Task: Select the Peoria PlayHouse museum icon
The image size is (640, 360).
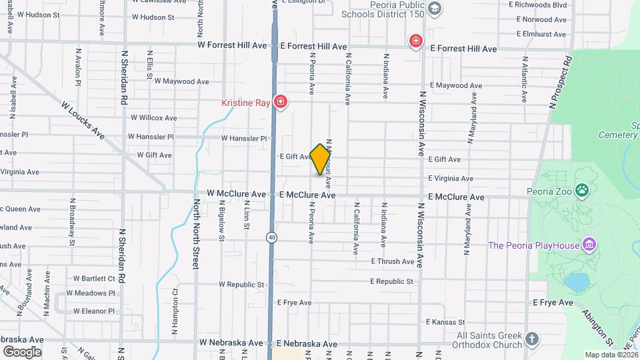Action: [588, 245]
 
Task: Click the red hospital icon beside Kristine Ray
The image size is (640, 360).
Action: [281, 103]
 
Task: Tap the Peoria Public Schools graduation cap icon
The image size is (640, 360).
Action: [435, 9]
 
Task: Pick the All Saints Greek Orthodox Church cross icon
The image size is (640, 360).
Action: [531, 339]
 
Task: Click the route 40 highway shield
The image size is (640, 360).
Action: [272, 237]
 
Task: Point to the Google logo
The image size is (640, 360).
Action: [22, 351]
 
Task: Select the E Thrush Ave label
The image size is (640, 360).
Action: [393, 262]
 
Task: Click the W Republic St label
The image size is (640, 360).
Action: [241, 285]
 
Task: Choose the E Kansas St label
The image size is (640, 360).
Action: [448, 323]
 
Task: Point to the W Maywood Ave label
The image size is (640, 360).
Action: [181, 82]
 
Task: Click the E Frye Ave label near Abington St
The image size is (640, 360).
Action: [553, 303]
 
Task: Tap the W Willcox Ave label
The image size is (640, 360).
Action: [153, 118]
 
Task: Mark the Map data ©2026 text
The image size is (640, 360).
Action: [611, 355]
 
